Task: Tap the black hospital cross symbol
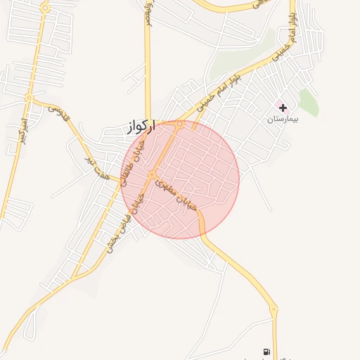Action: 283,108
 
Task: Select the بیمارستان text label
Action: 283,120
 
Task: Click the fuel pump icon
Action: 266,352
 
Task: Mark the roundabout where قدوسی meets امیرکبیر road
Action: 29,98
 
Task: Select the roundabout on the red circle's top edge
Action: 181,124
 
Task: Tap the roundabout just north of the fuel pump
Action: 274,309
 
